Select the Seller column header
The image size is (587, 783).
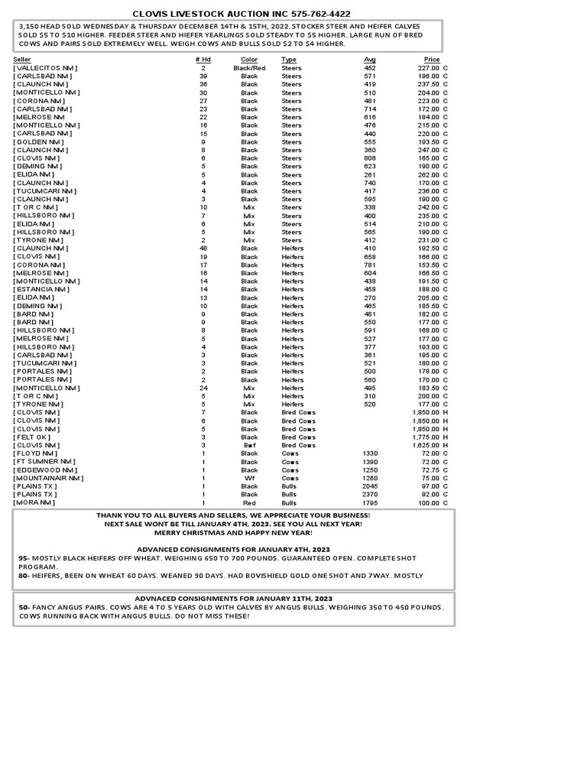tap(22, 60)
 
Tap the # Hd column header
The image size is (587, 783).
tap(203, 60)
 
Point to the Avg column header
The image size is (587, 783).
tap(370, 60)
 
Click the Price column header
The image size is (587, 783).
tap(432, 60)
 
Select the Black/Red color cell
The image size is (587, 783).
tap(249, 68)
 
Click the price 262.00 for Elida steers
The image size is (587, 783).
tap(428, 175)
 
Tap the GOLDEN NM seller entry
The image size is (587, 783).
tap(39, 142)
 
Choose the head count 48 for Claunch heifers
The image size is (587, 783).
tap(203, 249)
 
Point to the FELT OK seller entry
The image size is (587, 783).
tap(34, 437)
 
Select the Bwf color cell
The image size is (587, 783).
tap(249, 445)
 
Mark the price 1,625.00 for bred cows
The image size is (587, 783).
tap(426, 445)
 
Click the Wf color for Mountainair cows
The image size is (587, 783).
tap(249, 478)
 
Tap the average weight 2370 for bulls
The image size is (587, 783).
tap(370, 495)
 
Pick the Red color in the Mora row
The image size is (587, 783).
tap(249, 503)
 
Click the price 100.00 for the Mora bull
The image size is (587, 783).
tap(428, 503)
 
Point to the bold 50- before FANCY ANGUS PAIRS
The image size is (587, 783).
tap(24, 607)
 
